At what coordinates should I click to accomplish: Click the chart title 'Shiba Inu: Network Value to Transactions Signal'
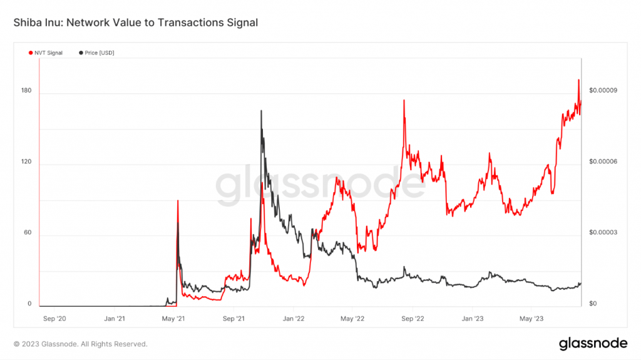click(x=135, y=23)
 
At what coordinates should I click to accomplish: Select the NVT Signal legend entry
click(x=46, y=53)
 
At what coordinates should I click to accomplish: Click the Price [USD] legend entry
click(x=96, y=53)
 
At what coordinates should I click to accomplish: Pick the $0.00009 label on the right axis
click(x=603, y=91)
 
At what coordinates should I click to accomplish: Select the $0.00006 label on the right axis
click(x=603, y=162)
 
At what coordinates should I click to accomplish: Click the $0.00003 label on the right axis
click(x=603, y=232)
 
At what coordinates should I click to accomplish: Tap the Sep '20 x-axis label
click(x=54, y=318)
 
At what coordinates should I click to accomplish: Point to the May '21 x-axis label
click(x=174, y=318)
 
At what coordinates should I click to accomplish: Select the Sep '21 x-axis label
click(x=233, y=318)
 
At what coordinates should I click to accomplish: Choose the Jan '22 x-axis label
click(x=293, y=318)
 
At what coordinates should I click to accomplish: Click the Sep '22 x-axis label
click(x=413, y=318)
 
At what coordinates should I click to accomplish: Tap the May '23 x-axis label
click(x=531, y=318)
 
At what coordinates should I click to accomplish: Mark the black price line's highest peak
click(x=261, y=111)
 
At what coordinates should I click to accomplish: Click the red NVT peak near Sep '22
click(x=404, y=101)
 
